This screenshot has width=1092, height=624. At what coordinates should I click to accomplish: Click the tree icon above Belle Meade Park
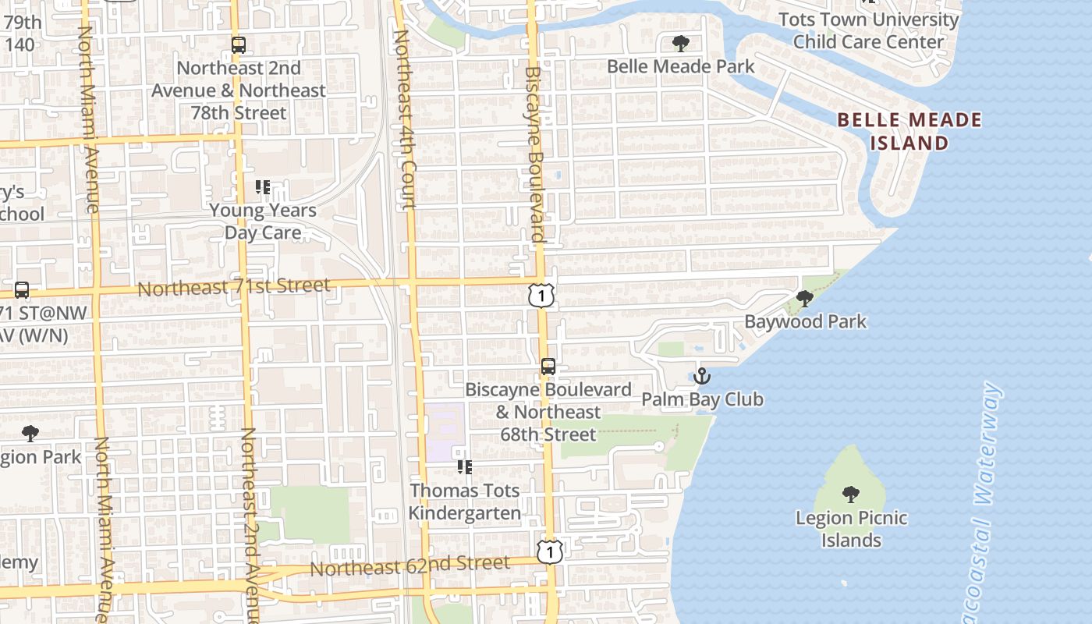click(680, 43)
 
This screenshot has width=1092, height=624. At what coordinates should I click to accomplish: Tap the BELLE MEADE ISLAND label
click(909, 132)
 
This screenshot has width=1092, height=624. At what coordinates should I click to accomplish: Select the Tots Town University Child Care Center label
click(868, 30)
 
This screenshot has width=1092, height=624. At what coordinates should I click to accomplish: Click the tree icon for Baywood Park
click(804, 298)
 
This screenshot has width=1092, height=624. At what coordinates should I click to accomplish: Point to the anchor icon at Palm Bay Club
click(702, 377)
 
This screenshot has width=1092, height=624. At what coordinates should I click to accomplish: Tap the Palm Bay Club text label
click(702, 399)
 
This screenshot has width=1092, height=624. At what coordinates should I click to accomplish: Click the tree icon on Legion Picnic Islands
click(850, 494)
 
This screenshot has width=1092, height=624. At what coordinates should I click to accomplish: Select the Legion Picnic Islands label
click(851, 529)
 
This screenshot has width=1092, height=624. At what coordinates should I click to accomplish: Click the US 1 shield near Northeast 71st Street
click(541, 296)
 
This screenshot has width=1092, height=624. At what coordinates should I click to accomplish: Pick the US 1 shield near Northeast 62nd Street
click(550, 551)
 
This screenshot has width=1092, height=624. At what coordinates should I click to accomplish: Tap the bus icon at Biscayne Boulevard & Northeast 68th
click(548, 367)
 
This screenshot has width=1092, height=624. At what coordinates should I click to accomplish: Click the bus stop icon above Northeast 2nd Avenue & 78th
click(238, 45)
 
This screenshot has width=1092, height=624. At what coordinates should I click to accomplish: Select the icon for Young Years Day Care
click(263, 187)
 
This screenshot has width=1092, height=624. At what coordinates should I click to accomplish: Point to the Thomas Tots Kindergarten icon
click(465, 467)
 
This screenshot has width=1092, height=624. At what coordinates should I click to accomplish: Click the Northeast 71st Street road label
click(234, 287)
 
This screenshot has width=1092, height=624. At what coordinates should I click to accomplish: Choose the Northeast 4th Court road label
click(404, 121)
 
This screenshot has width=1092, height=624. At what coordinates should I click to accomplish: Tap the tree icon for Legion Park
click(30, 434)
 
